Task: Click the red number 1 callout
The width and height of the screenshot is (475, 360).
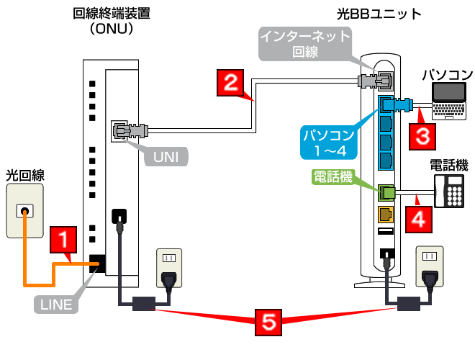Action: (x=64, y=240)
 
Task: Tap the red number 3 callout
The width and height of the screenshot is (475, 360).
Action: (x=422, y=135)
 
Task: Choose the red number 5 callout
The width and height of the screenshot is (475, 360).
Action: (x=268, y=322)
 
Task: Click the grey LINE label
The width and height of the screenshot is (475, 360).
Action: (x=55, y=305)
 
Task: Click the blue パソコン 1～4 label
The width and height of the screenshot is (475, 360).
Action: (x=328, y=142)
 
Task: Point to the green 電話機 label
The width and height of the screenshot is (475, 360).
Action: (x=333, y=176)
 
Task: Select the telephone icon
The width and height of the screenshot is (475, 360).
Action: (x=452, y=191)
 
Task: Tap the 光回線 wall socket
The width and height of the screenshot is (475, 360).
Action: (x=25, y=211)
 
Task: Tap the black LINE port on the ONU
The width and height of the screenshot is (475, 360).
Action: (x=97, y=264)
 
